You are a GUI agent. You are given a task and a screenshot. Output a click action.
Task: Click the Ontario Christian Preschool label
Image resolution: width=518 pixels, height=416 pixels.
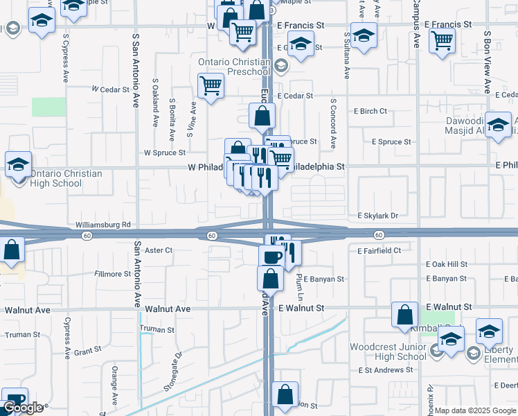pyautogui.click(x=233, y=67)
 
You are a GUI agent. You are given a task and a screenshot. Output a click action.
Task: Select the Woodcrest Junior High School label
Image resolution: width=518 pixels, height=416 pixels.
pyautogui.click(x=388, y=351)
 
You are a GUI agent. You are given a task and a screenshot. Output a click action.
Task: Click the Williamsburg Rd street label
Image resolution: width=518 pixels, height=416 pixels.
pyautogui.click(x=103, y=225)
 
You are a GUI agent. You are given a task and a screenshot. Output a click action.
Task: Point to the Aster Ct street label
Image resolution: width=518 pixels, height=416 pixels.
pyautogui.click(x=159, y=250)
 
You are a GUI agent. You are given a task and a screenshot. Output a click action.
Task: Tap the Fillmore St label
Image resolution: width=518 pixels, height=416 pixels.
pyautogui.click(x=112, y=274)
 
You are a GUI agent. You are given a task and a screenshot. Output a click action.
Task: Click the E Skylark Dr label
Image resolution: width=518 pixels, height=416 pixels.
pyautogui.click(x=377, y=216)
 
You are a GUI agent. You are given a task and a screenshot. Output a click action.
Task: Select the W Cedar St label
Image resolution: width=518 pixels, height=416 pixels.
pyautogui.click(x=111, y=89)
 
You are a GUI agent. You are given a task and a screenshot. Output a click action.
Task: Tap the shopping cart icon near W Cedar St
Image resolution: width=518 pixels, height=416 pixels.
pyautogui.click(x=211, y=87)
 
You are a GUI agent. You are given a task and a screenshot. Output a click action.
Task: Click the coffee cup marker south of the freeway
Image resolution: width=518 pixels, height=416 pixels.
pyautogui.click(x=271, y=257)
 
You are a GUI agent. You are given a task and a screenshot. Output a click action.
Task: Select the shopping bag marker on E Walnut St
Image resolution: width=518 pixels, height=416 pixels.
pyautogui.click(x=404, y=315)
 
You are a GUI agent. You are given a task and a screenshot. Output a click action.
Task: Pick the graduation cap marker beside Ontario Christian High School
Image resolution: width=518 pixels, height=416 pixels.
pyautogui.click(x=18, y=165)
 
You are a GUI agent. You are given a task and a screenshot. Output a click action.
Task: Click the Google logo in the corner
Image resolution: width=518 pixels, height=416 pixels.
pyautogui.click(x=23, y=408)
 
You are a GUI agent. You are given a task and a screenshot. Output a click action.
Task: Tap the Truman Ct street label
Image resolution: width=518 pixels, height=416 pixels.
pyautogui.click(x=157, y=329)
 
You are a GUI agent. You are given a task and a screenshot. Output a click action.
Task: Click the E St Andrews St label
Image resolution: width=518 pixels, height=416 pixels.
pyautogui.click(x=386, y=370)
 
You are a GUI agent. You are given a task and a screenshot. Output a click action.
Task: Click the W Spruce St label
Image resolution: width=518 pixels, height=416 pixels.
pyautogui.click(x=165, y=152)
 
